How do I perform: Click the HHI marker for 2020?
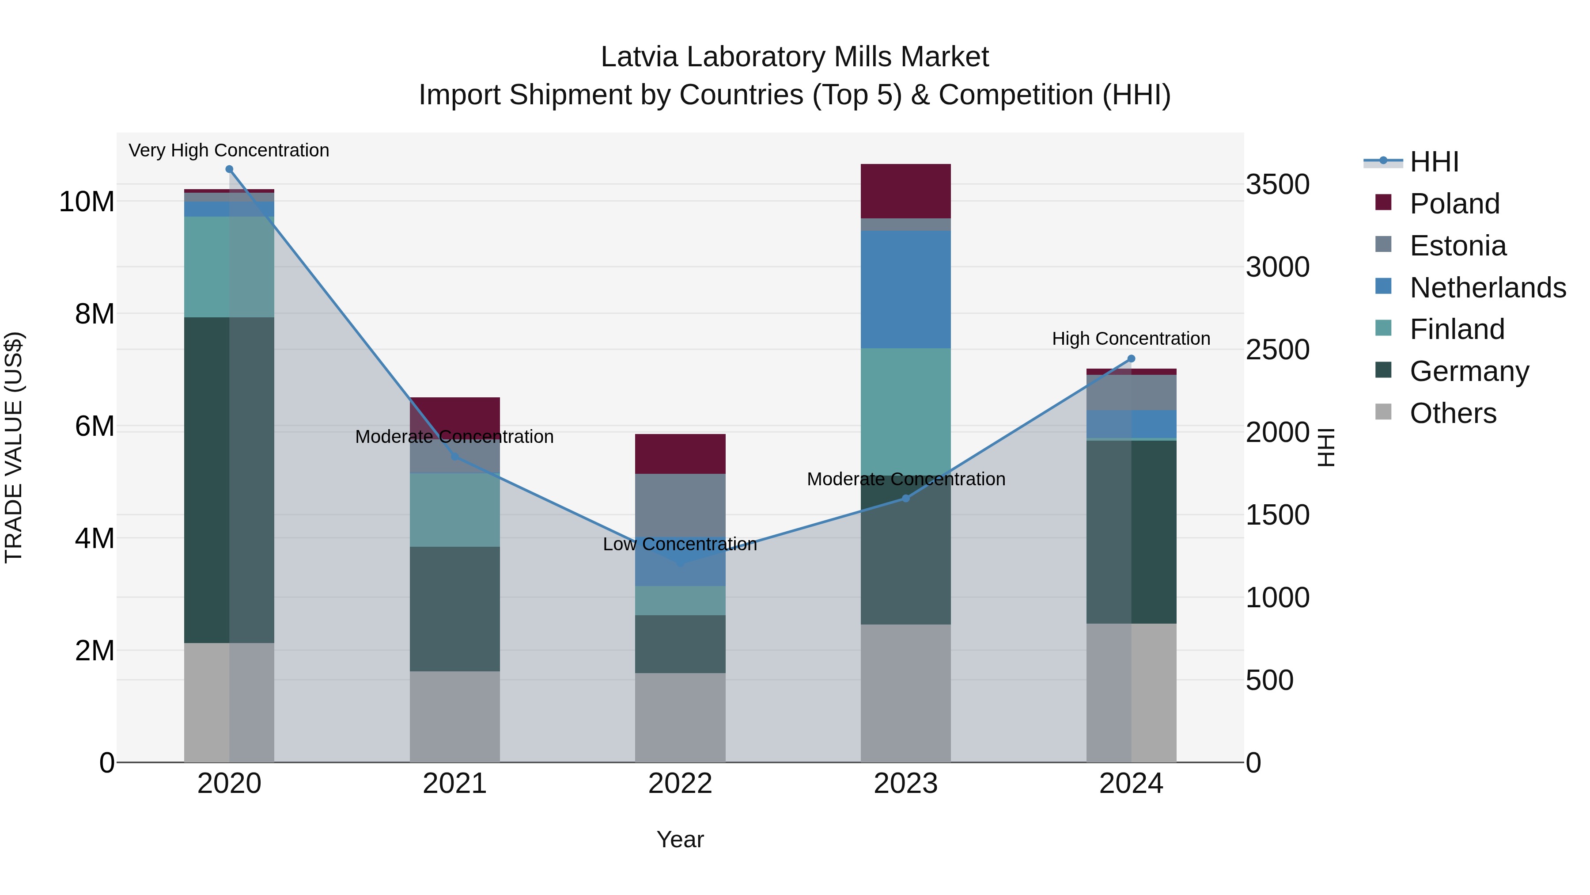(x=229, y=169)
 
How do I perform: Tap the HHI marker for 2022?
(x=680, y=563)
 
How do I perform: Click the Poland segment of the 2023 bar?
(x=905, y=191)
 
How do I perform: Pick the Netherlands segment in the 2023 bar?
(x=905, y=289)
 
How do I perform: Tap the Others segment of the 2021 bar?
(x=454, y=716)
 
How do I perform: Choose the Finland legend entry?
(x=1457, y=329)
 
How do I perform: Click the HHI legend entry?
(x=1434, y=162)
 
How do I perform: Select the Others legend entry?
(x=1452, y=413)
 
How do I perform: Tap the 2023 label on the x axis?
(x=905, y=784)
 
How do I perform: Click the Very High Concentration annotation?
(x=229, y=150)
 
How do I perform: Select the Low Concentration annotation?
(x=680, y=544)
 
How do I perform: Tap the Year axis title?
(x=680, y=839)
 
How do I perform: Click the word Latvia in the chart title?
(x=640, y=57)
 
